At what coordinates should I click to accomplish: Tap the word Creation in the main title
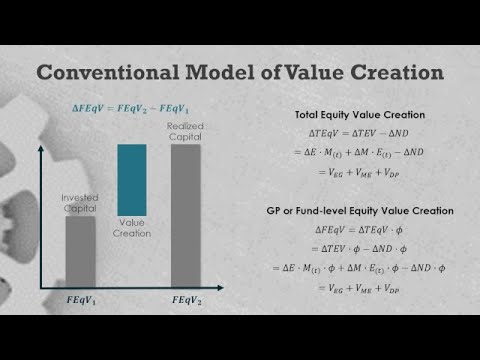pos(383,74)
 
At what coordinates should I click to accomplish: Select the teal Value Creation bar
pos(133,180)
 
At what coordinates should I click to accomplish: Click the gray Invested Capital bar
pos(80,250)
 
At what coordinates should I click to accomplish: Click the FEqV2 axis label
pos(187,301)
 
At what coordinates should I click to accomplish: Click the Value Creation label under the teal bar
pos(133,229)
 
